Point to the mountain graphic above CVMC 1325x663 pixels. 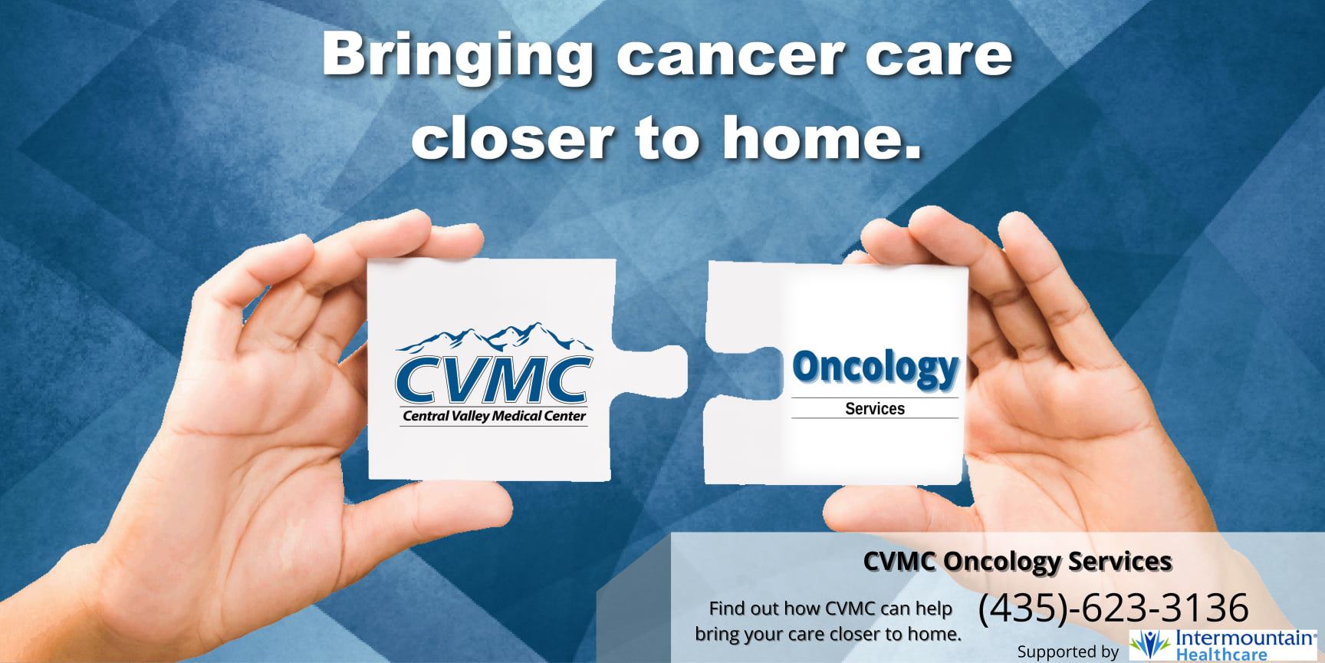point(495,338)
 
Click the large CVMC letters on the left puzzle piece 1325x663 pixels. point(493,380)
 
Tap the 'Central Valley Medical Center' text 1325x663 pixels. point(494,417)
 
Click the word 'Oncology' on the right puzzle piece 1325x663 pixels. point(875,368)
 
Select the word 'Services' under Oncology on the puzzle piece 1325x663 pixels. point(875,409)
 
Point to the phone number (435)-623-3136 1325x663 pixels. point(1113,608)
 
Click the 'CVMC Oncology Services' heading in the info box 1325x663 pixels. point(1018,561)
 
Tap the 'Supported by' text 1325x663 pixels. point(1067,651)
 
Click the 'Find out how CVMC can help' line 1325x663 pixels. point(830,609)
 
